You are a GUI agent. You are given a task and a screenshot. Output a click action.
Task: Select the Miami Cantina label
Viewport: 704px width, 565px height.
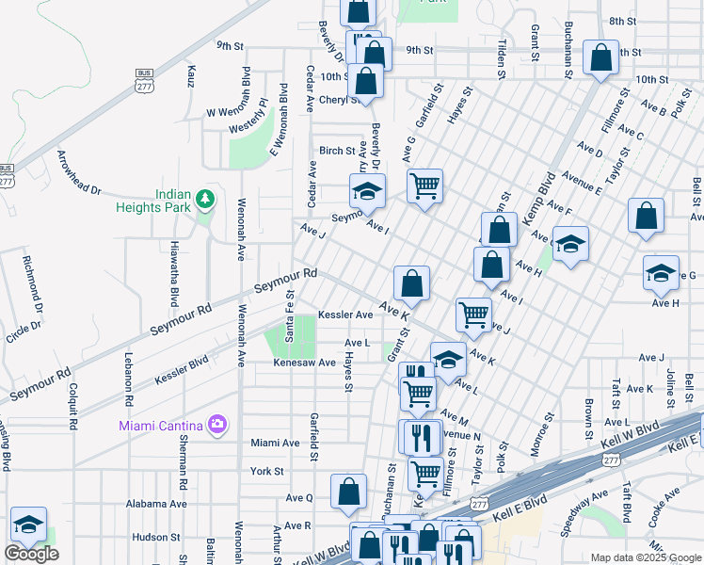coord(162,425)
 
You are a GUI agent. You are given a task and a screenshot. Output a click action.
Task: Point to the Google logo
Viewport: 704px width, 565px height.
coord(31,554)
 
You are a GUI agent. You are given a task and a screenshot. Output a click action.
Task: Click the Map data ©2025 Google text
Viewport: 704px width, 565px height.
coord(645,557)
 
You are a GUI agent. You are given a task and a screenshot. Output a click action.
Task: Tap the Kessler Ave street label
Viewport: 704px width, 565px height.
coord(345,315)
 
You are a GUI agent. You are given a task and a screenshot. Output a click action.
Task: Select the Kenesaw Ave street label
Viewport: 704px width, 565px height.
coord(304,363)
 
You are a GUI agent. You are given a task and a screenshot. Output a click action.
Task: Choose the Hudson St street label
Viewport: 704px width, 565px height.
coord(149,537)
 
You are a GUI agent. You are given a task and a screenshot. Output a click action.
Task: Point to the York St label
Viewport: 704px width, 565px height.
coord(266,471)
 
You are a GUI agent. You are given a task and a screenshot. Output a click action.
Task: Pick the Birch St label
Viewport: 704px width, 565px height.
coord(337,151)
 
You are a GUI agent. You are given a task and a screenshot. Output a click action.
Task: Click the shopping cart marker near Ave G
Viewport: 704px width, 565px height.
coord(425,186)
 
